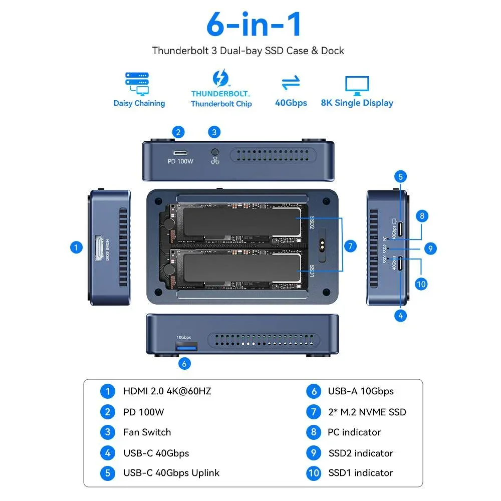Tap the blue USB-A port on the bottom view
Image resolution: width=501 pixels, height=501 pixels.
click(x=186, y=347)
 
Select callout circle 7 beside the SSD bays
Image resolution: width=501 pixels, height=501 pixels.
click(x=351, y=246)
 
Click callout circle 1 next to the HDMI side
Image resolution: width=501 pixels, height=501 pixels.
click(x=76, y=247)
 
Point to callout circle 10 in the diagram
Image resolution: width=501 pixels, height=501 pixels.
click(x=421, y=284)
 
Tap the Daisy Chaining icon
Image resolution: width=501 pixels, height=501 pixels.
click(x=137, y=84)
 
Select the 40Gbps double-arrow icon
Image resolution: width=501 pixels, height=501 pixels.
click(x=291, y=83)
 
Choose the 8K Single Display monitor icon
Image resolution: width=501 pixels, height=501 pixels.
click(x=357, y=85)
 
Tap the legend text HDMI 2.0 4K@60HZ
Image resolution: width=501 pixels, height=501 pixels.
click(x=167, y=391)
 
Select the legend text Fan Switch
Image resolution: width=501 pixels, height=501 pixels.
click(x=147, y=432)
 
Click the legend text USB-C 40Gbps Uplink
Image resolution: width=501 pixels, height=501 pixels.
click(x=171, y=473)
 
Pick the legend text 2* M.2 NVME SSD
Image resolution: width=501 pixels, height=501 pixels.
click(x=367, y=412)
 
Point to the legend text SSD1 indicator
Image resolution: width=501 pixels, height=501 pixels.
click(x=361, y=473)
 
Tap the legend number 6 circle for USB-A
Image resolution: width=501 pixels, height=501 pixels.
click(x=314, y=391)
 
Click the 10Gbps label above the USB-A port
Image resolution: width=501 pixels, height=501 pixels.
click(x=183, y=338)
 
